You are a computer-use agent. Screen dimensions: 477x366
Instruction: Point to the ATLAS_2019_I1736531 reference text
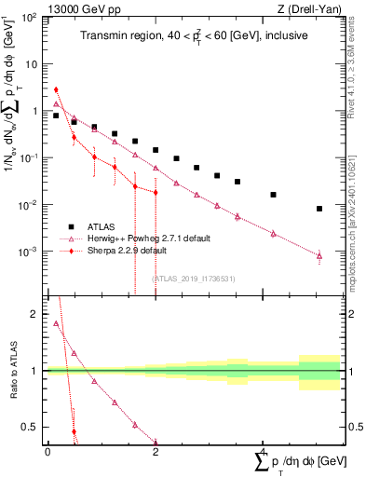click(193, 278)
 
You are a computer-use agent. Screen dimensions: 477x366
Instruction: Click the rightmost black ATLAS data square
click(319, 209)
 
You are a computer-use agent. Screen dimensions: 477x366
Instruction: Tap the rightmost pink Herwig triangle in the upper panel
click(319, 255)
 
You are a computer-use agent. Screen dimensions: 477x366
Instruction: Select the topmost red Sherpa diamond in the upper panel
click(56, 89)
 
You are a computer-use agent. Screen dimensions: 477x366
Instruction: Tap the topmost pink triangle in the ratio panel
click(56, 323)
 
